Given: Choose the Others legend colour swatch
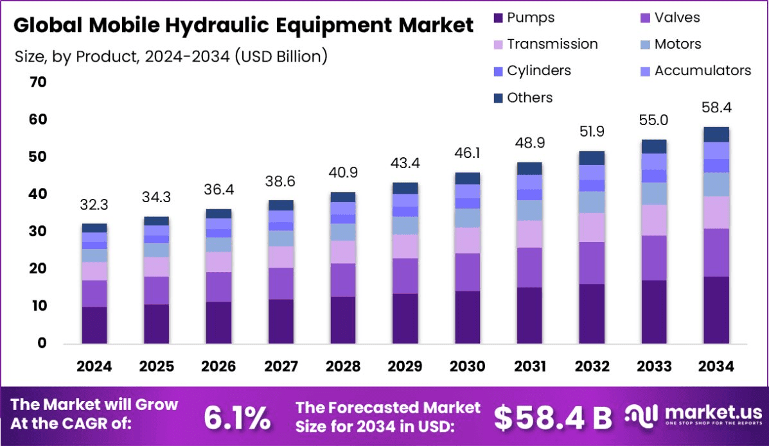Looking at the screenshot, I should (497, 98).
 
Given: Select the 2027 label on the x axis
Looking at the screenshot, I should (281, 366).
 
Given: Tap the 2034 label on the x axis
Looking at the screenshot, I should (716, 366).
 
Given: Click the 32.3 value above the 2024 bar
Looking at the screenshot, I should (94, 205).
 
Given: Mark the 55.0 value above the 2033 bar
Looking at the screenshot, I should (654, 121).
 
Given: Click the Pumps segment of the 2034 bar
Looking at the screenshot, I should (716, 310).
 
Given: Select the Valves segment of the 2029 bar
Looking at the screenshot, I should (405, 276).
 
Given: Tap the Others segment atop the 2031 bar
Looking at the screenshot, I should (529, 168).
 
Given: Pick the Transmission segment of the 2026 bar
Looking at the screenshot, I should (218, 262).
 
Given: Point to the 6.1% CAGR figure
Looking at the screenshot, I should (237, 417).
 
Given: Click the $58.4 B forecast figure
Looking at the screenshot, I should (552, 417).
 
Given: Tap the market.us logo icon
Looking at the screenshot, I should (640, 416).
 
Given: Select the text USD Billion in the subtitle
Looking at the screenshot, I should (281, 56).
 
